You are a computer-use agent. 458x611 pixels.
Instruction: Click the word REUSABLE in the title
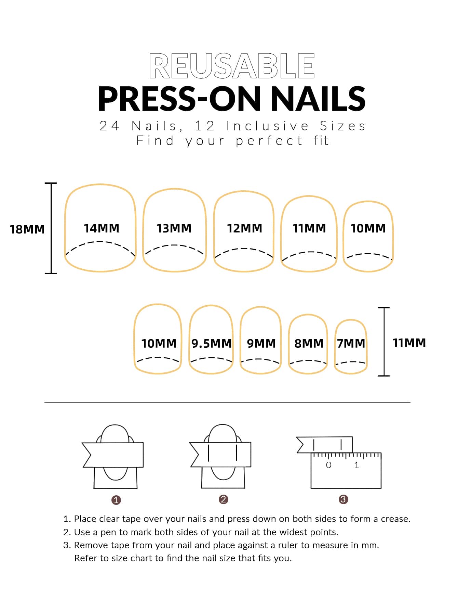pos(232,66)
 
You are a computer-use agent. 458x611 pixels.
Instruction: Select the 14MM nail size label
pos(102,228)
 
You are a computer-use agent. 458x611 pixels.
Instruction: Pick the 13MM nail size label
pos(174,228)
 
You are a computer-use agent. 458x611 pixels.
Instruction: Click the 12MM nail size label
pos(245,228)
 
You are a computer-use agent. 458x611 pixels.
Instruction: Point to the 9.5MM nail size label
pos(212,343)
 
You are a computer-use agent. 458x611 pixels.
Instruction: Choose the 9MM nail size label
pos(261,343)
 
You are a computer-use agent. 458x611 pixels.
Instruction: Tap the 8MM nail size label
pos(309,343)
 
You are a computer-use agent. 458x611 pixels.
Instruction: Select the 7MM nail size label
pos(351,343)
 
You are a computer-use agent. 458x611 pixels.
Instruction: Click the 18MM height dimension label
pos(27,229)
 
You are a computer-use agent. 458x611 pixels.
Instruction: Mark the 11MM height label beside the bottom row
pos(409,343)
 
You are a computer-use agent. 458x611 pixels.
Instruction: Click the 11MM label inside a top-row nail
pos(309,228)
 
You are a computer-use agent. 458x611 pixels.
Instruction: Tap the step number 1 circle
pos(116,500)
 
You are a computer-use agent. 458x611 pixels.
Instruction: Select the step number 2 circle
pos(223,499)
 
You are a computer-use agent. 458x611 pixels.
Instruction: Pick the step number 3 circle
pos(343,499)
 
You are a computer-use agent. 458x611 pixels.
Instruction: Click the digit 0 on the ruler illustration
pos(329,465)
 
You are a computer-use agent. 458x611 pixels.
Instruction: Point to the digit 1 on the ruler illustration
pos(356,465)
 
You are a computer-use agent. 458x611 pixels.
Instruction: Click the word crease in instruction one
pos(395,519)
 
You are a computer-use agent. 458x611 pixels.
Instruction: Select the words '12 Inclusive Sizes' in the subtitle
pos(280,126)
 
